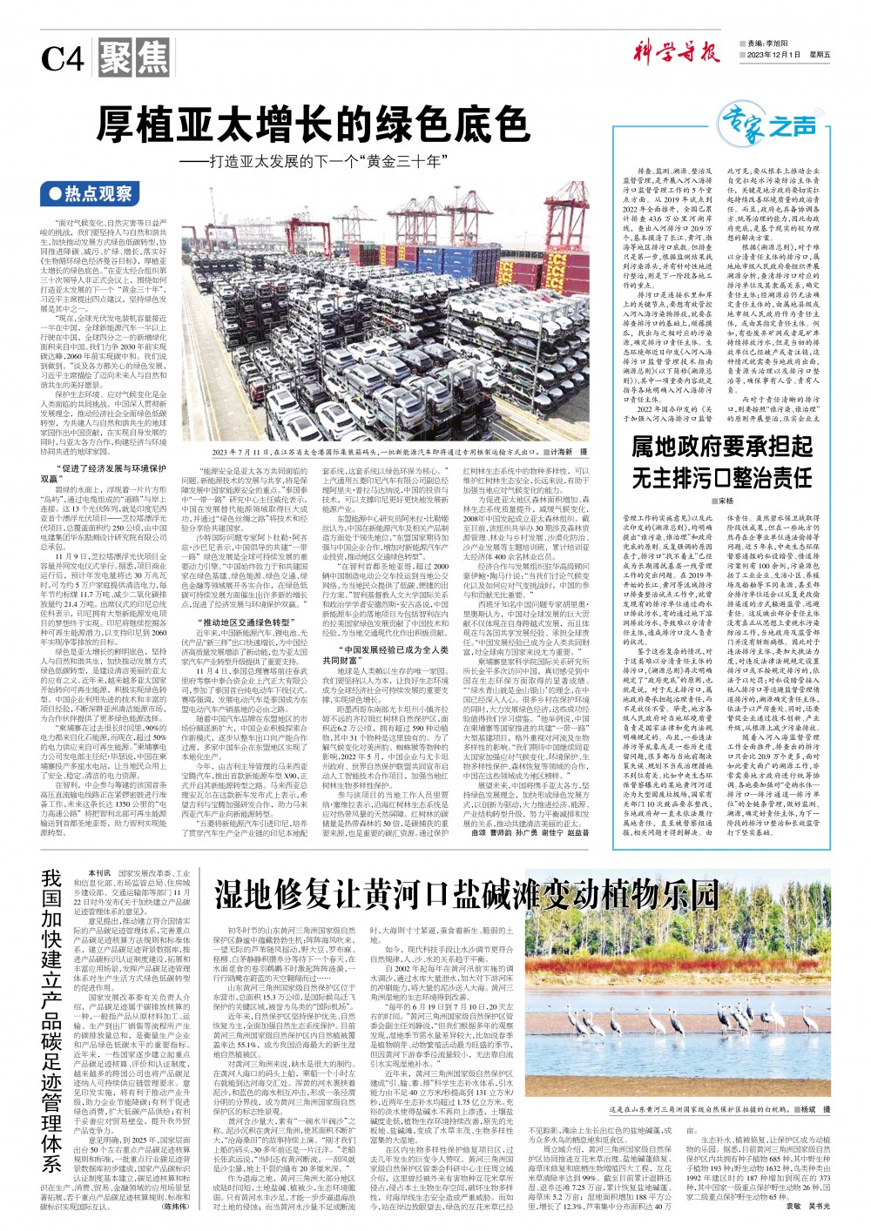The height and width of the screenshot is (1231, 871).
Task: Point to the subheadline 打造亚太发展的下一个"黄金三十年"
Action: (x=328, y=162)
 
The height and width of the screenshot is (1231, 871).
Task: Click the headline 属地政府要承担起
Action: (x=722, y=448)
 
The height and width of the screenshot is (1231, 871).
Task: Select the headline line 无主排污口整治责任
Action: (x=722, y=477)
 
